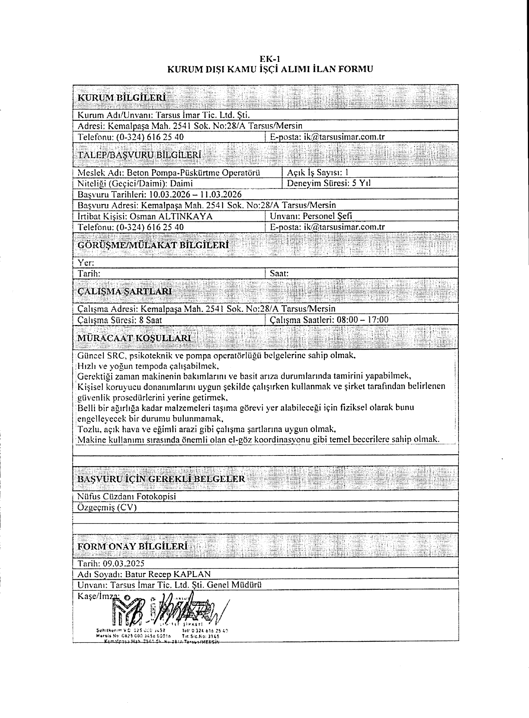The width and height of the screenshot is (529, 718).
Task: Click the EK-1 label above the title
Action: (x=270, y=59)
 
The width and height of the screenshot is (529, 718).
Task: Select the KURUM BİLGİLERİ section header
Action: (x=121, y=98)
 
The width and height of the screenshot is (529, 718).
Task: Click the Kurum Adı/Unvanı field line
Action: (x=163, y=115)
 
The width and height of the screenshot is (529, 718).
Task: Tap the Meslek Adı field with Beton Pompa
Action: (x=168, y=173)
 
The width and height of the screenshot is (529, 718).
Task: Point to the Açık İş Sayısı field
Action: (x=318, y=173)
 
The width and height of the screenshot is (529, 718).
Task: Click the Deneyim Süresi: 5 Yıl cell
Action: (x=329, y=183)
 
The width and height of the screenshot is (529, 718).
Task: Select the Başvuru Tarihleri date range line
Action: (x=160, y=194)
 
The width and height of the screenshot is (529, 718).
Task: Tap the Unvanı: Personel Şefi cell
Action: (x=311, y=216)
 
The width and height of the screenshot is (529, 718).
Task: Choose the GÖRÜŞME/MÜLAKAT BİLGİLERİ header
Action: (x=153, y=245)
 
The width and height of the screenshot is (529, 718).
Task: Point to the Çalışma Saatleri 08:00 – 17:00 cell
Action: (x=329, y=320)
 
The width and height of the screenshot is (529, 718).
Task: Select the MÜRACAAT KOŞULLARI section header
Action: (x=134, y=338)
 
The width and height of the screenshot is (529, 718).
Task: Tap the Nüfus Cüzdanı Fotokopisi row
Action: (x=126, y=496)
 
